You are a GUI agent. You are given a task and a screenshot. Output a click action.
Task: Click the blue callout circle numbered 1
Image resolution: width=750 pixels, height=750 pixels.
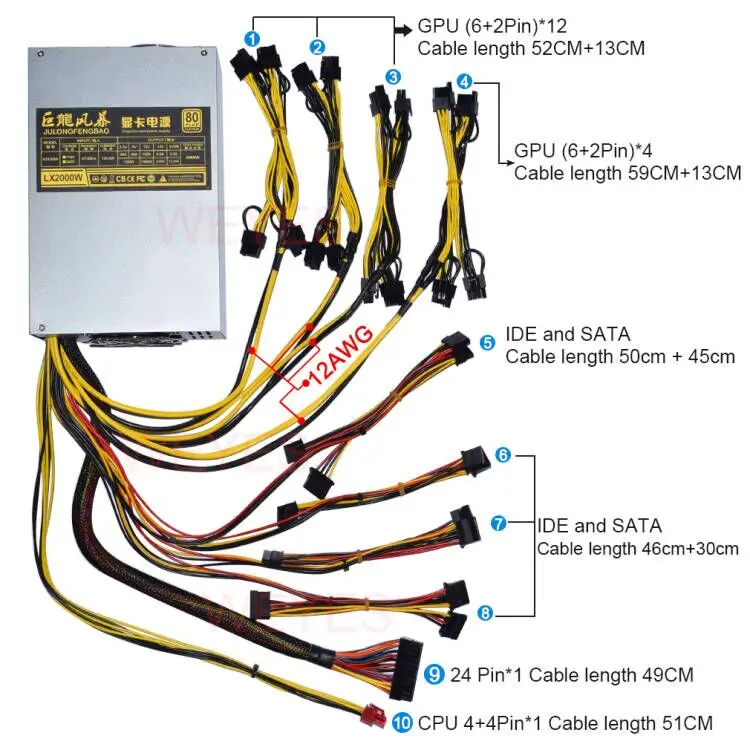(x=253, y=38)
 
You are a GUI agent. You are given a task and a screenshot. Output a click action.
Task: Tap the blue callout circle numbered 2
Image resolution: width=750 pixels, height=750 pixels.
(x=317, y=46)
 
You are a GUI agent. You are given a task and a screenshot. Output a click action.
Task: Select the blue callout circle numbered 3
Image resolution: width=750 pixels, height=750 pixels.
(x=393, y=76)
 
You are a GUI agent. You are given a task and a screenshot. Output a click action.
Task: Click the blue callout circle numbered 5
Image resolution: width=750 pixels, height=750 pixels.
(x=488, y=342)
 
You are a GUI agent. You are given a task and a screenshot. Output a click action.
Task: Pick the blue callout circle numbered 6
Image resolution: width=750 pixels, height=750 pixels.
(x=503, y=455)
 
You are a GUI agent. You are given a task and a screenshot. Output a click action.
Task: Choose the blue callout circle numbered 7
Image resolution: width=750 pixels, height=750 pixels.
(x=497, y=523)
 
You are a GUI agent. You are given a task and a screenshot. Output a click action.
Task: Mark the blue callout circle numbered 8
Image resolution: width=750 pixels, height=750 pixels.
(x=485, y=612)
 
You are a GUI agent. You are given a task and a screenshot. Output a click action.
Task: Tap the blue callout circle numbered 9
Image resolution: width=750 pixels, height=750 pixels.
(x=433, y=675)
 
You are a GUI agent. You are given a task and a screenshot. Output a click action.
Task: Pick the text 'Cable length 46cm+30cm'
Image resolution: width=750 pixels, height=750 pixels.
(x=638, y=548)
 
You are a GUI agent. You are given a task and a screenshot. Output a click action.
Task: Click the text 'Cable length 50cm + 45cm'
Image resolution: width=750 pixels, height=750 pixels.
(x=620, y=356)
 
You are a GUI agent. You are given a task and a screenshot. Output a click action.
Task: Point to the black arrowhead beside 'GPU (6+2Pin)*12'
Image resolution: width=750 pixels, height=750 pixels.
(x=404, y=30)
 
